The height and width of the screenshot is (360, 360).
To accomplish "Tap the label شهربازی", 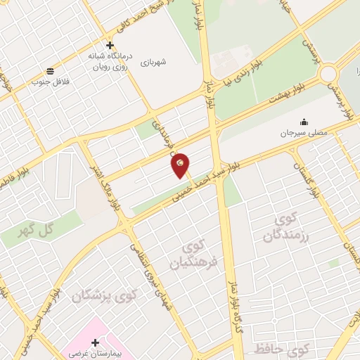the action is coord(153,62).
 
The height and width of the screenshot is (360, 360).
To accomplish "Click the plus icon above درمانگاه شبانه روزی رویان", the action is coord(110,44).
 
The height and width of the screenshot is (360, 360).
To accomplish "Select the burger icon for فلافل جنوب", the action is coord(50,70).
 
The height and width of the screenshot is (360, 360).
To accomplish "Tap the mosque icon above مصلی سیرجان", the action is coord(304,122).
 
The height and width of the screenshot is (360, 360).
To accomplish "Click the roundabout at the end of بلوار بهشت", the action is coord(328,73).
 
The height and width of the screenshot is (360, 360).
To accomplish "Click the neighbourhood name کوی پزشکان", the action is coord(110,297).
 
